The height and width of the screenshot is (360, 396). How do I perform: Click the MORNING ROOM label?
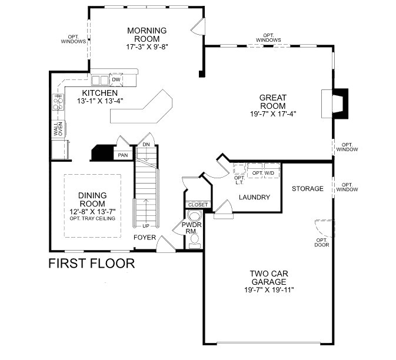pos(147,35)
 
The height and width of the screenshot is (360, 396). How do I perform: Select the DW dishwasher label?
pos(117,79)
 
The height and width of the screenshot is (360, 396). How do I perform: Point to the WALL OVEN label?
pos(59,129)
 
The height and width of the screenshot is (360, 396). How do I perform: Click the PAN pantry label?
pos(123,155)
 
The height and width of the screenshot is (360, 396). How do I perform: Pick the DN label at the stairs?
pos(146,145)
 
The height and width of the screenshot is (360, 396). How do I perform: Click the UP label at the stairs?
pos(145,225)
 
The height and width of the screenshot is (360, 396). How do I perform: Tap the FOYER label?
pos(145,238)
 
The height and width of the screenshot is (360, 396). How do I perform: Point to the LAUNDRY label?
pos(254,197)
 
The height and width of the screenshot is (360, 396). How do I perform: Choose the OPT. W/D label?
pos(262,173)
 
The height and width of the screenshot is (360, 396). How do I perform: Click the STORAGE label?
pos(308,189)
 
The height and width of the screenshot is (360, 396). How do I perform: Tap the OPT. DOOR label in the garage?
pos(321,242)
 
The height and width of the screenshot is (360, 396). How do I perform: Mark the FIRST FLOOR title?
pos(91,263)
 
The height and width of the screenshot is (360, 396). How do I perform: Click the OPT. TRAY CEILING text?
pos(92,219)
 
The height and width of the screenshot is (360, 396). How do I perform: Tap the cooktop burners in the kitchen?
pos(58,103)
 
